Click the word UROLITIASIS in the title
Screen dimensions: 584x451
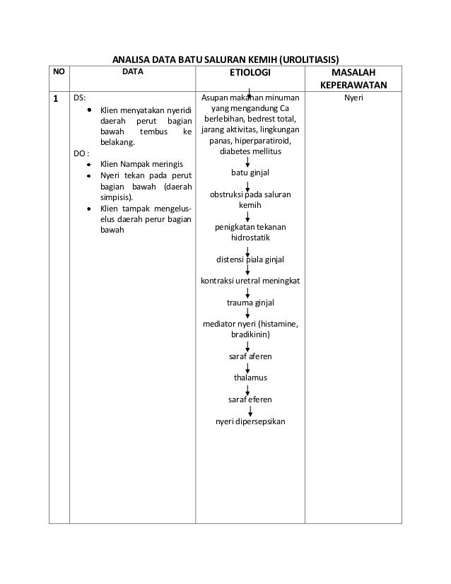[309, 57]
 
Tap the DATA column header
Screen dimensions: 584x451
[132, 72]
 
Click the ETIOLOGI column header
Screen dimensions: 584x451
[250, 73]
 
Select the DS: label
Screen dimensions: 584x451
[80, 98]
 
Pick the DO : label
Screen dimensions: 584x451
[81, 153]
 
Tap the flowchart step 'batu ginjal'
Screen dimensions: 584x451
[250, 173]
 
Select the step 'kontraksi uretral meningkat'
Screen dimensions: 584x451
[250, 281]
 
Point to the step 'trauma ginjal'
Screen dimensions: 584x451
[250, 303]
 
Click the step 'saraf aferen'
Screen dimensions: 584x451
[250, 356]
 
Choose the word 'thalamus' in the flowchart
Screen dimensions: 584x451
[250, 378]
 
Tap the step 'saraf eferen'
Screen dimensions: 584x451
[250, 399]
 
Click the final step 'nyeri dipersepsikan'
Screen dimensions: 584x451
[250, 422]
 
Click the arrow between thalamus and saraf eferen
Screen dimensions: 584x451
[248, 389]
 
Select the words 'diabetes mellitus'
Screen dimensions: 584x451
[250, 151]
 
